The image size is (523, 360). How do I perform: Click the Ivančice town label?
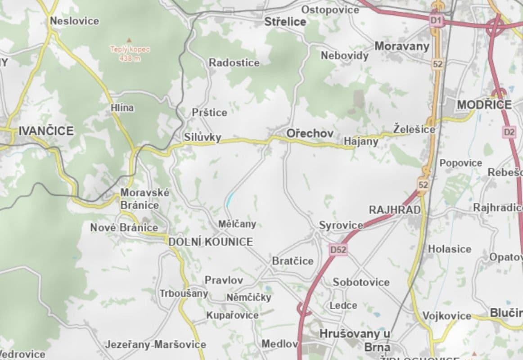click(45, 131)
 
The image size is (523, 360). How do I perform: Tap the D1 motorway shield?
click(435, 20)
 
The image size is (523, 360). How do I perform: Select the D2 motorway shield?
click(509, 132)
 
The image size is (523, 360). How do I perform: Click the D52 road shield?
click(338, 249)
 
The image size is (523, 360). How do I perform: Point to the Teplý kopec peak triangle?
click(129, 40)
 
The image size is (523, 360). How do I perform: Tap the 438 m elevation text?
click(129, 58)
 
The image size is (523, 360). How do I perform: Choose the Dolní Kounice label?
click(211, 242)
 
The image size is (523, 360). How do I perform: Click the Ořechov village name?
click(310, 134)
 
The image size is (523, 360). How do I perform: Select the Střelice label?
click(285, 21)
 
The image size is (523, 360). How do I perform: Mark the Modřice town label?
click(484, 105)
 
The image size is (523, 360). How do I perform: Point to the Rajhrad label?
click(395, 210)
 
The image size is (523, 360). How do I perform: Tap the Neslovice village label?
click(75, 21)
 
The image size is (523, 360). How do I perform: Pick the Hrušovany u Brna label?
click(355, 340)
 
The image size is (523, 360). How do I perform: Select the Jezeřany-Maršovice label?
click(155, 345)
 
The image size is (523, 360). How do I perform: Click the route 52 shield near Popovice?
click(423, 184)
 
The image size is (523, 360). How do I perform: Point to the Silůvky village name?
click(203, 138)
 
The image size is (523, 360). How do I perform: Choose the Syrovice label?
click(341, 225)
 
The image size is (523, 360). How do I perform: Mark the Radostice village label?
click(234, 63)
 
